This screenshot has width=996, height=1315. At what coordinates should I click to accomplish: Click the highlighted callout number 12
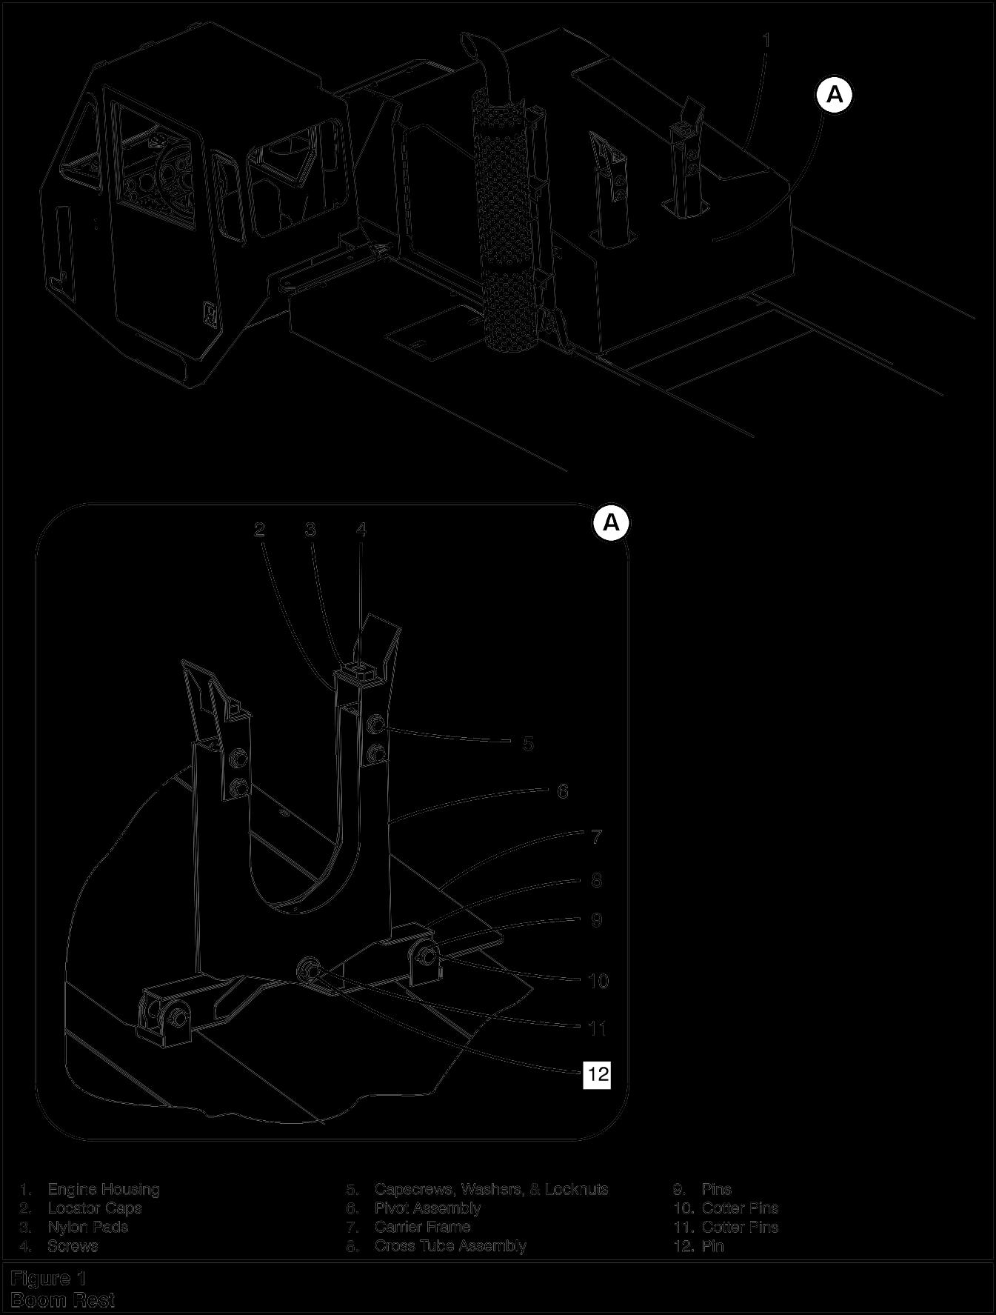pyautogui.click(x=597, y=1073)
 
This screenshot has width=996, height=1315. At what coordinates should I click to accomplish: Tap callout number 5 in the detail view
pyautogui.click(x=528, y=743)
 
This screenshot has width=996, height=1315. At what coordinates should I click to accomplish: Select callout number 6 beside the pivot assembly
pyautogui.click(x=563, y=791)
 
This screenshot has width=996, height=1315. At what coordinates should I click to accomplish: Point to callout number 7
pyautogui.click(x=597, y=837)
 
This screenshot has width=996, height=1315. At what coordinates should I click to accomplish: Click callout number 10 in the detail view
pyautogui.click(x=598, y=981)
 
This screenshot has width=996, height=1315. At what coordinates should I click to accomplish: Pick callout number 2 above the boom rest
pyautogui.click(x=259, y=529)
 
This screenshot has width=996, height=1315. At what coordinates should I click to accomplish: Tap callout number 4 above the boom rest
pyautogui.click(x=361, y=529)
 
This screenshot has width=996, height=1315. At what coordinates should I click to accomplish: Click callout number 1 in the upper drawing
pyautogui.click(x=766, y=40)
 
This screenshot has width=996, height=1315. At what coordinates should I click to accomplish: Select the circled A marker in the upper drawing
pyautogui.click(x=835, y=96)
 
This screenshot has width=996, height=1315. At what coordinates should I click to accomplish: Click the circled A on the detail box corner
pyautogui.click(x=611, y=523)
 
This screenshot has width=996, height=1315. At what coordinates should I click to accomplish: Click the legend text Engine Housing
pyautogui.click(x=104, y=1189)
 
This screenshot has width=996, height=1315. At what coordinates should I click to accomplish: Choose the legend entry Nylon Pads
pyautogui.click(x=87, y=1226)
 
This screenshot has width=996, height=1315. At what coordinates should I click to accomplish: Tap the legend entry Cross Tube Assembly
pyautogui.click(x=450, y=1245)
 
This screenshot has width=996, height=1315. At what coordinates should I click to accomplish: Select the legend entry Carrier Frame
pyautogui.click(x=422, y=1226)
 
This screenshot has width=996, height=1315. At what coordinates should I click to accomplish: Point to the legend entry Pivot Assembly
pyautogui.click(x=427, y=1208)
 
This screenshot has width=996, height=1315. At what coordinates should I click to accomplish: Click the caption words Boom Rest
pyautogui.click(x=63, y=1299)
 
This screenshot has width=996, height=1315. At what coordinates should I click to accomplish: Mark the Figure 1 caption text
pyautogui.click(x=49, y=1279)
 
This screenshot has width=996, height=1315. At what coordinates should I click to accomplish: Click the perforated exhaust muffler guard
pyautogui.click(x=511, y=222)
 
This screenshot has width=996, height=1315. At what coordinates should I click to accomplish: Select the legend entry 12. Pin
pyautogui.click(x=699, y=1245)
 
